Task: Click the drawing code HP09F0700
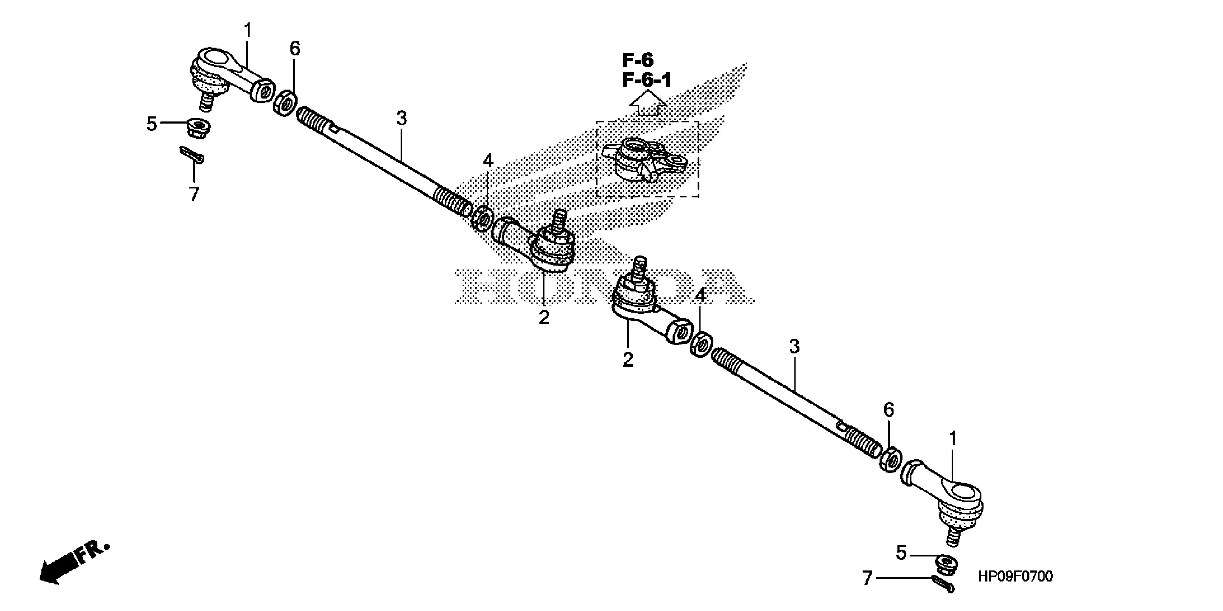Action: (x=1015, y=576)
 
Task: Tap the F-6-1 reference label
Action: (x=647, y=80)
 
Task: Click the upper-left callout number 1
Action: (x=247, y=31)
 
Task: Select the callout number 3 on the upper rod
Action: (x=402, y=118)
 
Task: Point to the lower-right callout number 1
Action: (x=952, y=439)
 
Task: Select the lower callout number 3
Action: (x=794, y=346)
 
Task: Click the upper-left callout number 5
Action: (x=151, y=124)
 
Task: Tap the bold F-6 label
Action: (x=638, y=60)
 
